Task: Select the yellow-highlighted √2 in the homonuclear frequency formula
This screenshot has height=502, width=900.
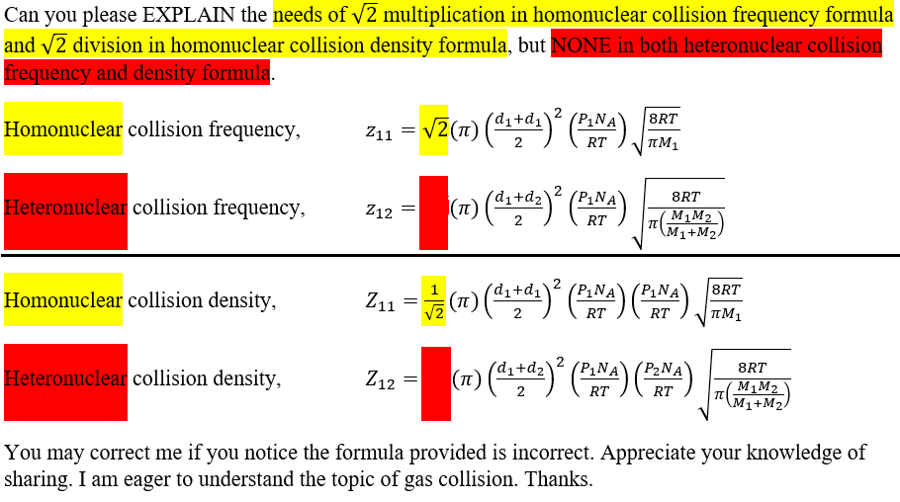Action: [x=433, y=129]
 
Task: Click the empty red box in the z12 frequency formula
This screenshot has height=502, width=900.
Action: [x=433, y=211]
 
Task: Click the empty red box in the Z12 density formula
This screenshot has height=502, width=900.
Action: [x=435, y=381]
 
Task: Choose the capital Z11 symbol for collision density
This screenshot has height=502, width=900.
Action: [x=379, y=301]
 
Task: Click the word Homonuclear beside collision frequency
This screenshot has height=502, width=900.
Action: [x=63, y=129]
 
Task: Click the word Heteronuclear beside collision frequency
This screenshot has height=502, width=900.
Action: [x=65, y=208]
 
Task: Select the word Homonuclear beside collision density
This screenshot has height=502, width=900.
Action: [x=63, y=300]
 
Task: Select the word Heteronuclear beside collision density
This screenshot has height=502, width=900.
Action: [x=65, y=378]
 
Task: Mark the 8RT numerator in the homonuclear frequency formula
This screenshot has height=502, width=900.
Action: [x=663, y=119]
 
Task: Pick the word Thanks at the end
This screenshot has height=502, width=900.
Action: [x=558, y=480]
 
